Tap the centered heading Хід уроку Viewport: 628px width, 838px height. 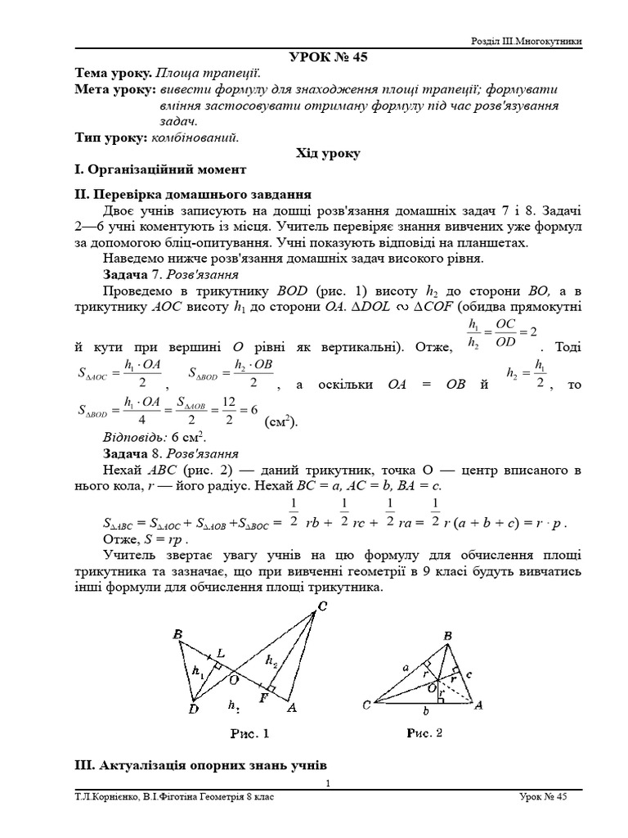pos(327,153)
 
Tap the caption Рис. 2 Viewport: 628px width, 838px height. pos(424,733)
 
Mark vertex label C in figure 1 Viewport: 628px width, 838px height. pos(322,606)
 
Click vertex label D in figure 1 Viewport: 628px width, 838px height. pos(194,709)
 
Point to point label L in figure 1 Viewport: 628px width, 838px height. pos(221,651)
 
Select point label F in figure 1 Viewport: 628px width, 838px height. pos(263,697)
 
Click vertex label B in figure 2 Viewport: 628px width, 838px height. pos(447,635)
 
